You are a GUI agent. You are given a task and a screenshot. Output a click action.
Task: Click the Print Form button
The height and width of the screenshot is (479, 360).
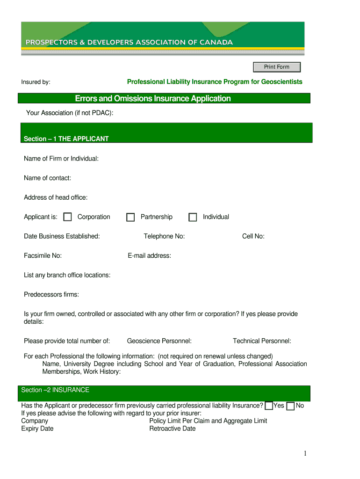click(x=277, y=67)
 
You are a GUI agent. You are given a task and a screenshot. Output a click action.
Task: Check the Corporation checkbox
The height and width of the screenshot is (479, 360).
click(x=68, y=217)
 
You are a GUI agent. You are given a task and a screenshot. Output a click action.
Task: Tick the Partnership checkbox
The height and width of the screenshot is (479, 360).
click(x=131, y=217)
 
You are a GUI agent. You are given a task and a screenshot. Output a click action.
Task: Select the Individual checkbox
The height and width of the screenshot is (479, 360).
click(x=193, y=217)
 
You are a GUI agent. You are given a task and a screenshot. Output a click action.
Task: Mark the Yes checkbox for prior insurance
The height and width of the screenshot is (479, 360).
click(x=269, y=406)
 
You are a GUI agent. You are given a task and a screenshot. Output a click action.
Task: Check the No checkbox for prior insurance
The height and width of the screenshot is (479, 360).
click(x=290, y=406)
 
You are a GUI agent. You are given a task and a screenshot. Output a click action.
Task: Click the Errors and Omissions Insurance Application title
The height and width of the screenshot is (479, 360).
click(x=153, y=99)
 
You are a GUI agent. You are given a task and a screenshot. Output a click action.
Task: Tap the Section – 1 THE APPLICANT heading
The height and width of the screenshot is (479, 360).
click(x=66, y=139)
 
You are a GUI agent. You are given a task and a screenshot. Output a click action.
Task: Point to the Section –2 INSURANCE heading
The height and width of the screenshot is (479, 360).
click(x=55, y=390)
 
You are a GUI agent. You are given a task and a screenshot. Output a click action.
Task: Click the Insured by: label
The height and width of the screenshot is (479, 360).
click(x=36, y=82)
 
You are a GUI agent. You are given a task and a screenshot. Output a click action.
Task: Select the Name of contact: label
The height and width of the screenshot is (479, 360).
click(x=47, y=178)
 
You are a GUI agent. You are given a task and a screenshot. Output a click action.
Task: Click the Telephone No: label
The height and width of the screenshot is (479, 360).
click(x=164, y=236)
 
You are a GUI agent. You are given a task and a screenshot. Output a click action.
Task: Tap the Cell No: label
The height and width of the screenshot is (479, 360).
click(x=253, y=236)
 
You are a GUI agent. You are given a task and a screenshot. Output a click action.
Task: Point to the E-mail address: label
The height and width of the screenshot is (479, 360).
click(x=149, y=256)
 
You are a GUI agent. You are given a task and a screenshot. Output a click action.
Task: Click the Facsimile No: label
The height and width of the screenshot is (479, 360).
click(x=43, y=256)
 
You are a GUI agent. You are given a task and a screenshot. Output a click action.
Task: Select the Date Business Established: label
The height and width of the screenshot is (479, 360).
click(x=62, y=236)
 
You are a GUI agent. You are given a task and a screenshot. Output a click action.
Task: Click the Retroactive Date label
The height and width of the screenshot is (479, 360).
click(x=172, y=429)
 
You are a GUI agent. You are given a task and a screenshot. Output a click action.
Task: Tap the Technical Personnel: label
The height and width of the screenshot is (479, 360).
click(x=262, y=341)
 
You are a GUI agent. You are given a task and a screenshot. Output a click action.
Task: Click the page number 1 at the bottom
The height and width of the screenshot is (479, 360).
click(x=304, y=453)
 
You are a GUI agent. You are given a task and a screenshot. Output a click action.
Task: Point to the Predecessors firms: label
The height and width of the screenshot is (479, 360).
click(x=51, y=295)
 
